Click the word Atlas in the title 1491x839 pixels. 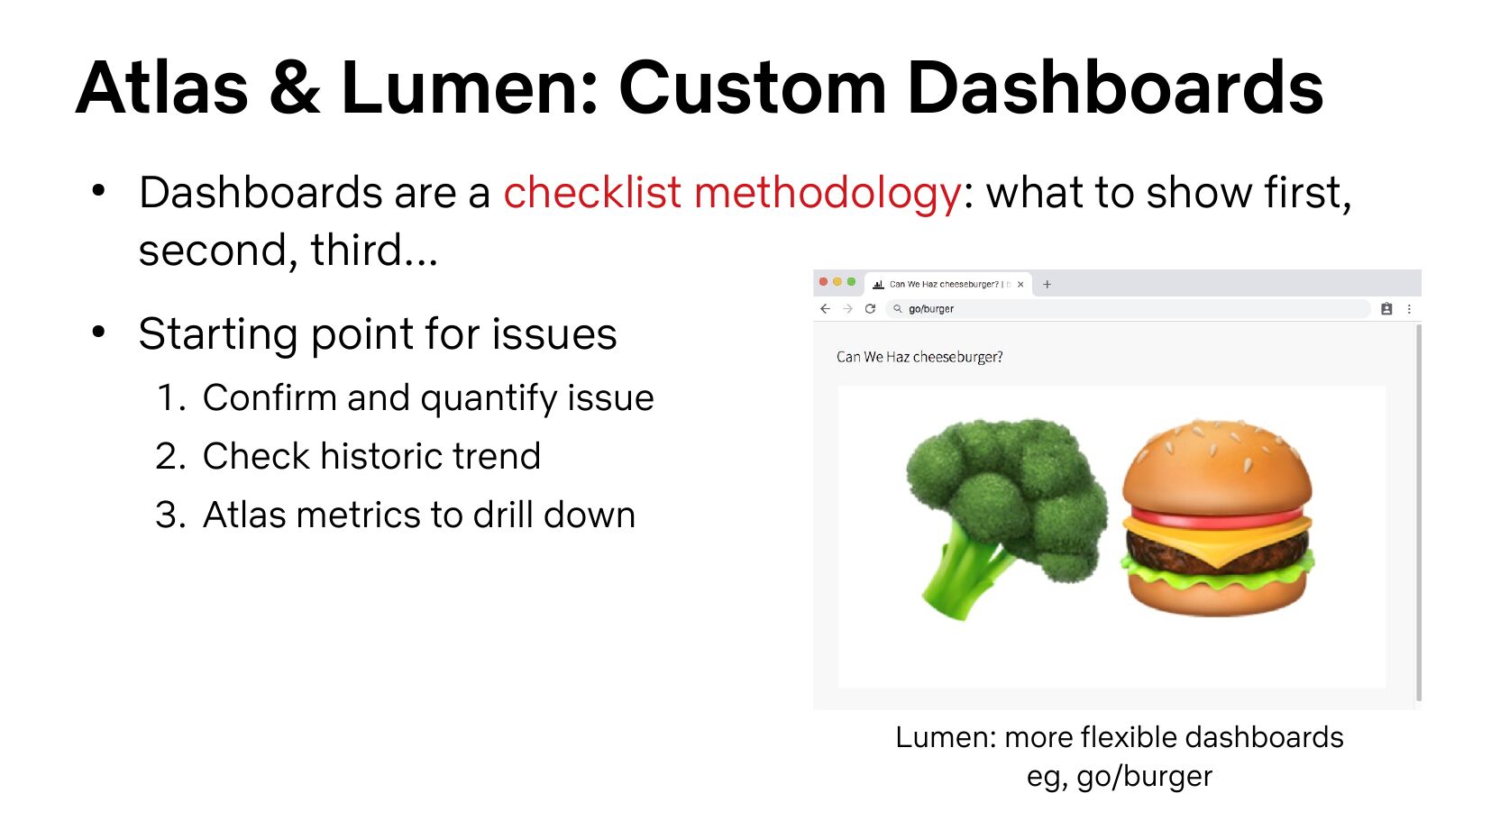[x=161, y=87]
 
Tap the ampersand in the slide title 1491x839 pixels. [x=294, y=87]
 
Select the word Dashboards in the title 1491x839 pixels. [x=1115, y=87]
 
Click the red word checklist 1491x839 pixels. [x=592, y=193]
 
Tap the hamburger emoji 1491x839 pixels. [x=1218, y=517]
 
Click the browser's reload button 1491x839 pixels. [x=870, y=309]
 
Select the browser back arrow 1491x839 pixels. [x=826, y=309]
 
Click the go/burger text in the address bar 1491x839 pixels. [x=931, y=309]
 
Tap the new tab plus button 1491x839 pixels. [x=1047, y=284]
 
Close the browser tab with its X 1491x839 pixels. [x=1020, y=284]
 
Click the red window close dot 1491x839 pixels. [x=823, y=282]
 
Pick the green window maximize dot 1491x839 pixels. [x=851, y=282]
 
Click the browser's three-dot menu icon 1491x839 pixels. [x=1409, y=309]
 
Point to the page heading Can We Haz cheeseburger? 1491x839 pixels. [x=919, y=357]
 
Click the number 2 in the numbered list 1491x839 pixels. [x=166, y=456]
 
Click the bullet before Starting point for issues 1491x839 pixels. [x=98, y=332]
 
